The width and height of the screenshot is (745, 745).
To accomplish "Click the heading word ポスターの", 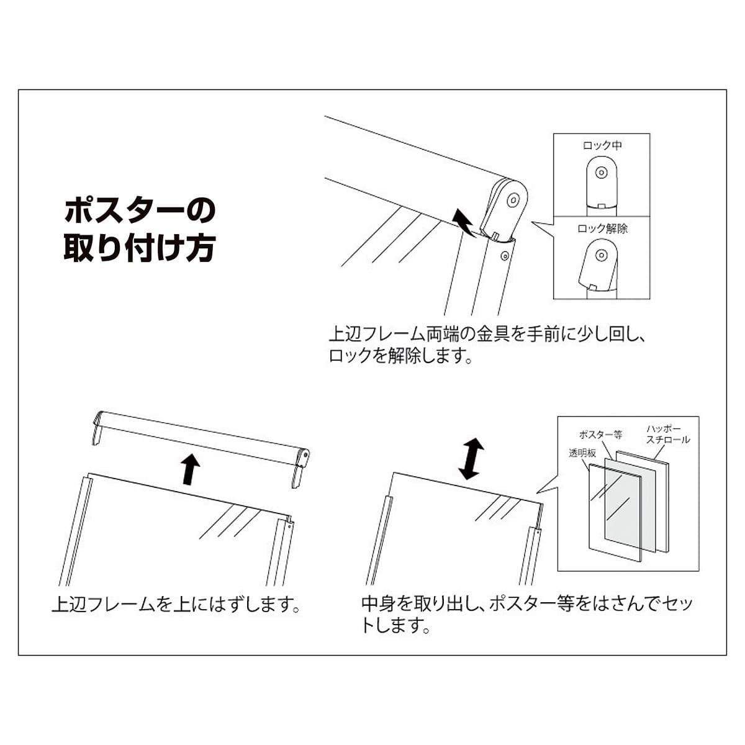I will (139, 211).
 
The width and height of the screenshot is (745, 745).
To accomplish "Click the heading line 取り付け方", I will (139, 248).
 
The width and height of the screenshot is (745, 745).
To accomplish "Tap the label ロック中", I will (602, 145).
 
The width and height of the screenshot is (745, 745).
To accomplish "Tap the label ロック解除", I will (602, 228).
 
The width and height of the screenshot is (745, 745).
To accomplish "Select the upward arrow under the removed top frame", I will (191, 467).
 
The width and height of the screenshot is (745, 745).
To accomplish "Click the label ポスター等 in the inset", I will (600, 435).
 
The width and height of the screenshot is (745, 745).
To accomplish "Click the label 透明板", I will (582, 453).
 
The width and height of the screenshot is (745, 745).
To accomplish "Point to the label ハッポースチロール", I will (667, 434).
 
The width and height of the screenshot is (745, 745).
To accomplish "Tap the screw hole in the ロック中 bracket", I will (600, 173).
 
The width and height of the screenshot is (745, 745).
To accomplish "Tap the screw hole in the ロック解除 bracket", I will (600, 255).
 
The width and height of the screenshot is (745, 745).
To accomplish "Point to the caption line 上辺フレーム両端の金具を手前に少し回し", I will (488, 335).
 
